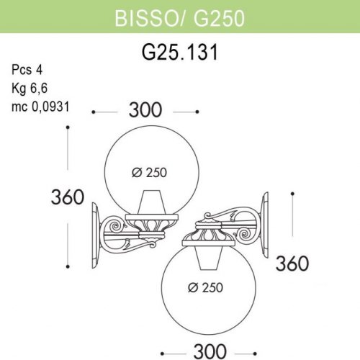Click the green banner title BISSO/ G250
tap(180, 19)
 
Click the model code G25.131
tap(180, 52)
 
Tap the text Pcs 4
tap(27, 70)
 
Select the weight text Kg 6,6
tap(30, 89)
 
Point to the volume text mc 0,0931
tap(40, 107)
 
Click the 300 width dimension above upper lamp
tap(145, 110)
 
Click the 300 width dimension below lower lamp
tap(210, 351)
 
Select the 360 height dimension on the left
tap(68, 197)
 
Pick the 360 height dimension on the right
tap(292, 264)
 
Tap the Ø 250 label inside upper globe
tap(149, 173)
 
